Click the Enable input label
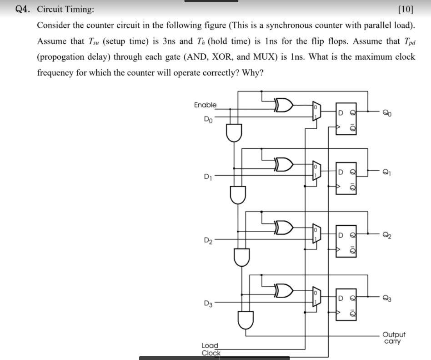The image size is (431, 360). pos(205,105)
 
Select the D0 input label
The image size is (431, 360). pos(208,120)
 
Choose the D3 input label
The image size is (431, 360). pos(208,303)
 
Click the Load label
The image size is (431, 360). pos(210,345)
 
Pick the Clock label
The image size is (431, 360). pos(211,353)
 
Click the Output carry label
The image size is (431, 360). pos(393,338)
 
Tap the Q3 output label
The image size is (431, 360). pos(386,299)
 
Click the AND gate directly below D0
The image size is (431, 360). pos(234,132)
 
